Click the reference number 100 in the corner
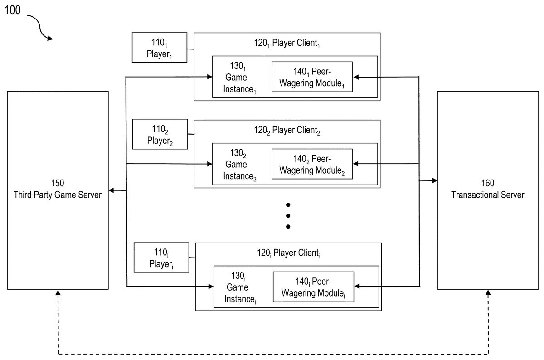tap(13, 10)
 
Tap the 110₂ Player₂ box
tap(160, 134)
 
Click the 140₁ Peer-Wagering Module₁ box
tap(312, 77)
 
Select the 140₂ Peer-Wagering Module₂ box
tap(312, 164)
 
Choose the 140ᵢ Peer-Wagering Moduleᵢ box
tap(313, 287)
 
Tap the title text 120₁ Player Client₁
tap(287, 44)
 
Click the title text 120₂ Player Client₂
tap(287, 131)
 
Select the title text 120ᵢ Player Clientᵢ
tap(288, 253)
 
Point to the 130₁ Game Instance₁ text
tap(236, 78)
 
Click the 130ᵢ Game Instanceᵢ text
tap(237, 287)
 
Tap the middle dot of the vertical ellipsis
tap(287, 215)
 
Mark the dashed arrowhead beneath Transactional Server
tap(488, 293)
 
